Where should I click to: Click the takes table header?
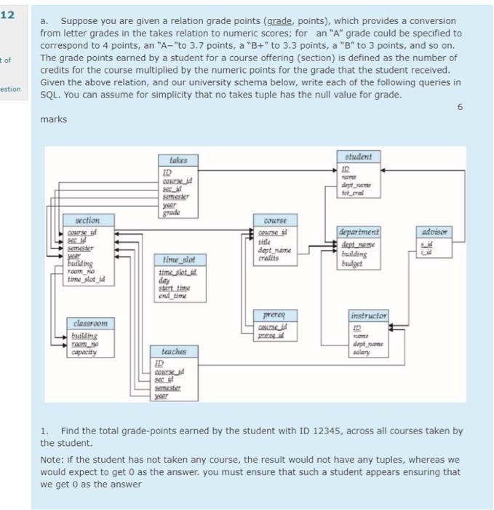coord(178,160)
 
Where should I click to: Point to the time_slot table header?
coord(179,259)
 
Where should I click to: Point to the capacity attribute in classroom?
coord(87,352)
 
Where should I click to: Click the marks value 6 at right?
coord(459,106)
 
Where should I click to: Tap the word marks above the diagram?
coord(53,119)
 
